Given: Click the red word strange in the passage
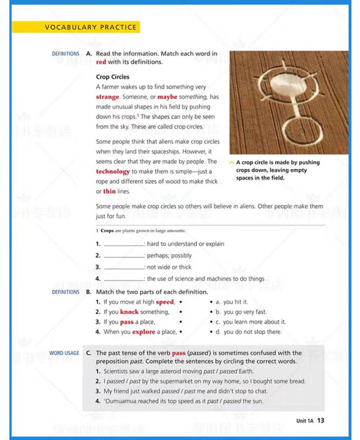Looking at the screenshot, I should click(x=107, y=97).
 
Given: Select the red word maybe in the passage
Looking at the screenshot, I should click(x=167, y=97).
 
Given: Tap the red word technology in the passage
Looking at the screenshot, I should click(x=113, y=172).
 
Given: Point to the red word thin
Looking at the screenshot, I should click(x=109, y=191).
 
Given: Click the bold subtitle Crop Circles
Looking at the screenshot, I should click(x=113, y=77).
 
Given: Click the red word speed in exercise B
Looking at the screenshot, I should click(x=165, y=302).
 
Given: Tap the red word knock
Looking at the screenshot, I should click(x=129, y=312).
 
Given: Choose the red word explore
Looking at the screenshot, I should click(x=144, y=332).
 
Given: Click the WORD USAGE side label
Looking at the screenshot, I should click(x=64, y=353).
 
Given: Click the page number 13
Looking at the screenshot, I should click(x=321, y=421).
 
